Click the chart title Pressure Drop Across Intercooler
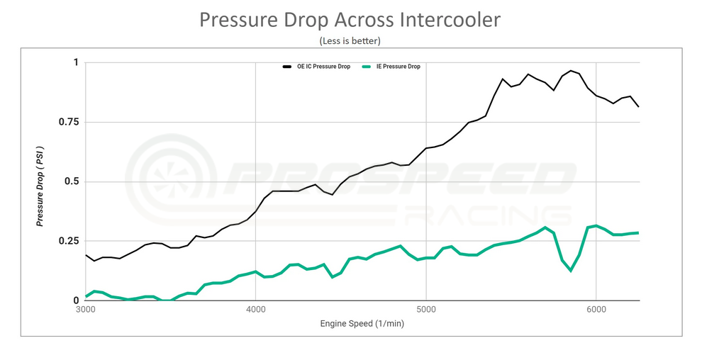click(x=350, y=20)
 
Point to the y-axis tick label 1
click(x=76, y=62)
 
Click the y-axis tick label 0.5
click(x=72, y=181)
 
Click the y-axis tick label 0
click(x=76, y=300)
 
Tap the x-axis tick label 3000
click(x=85, y=310)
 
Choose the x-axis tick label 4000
click(x=255, y=310)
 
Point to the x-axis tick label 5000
click(x=425, y=310)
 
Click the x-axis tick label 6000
click(x=596, y=310)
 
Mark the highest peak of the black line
click(x=571, y=71)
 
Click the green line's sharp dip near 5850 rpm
click(x=571, y=270)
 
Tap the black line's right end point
click(x=638, y=107)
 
